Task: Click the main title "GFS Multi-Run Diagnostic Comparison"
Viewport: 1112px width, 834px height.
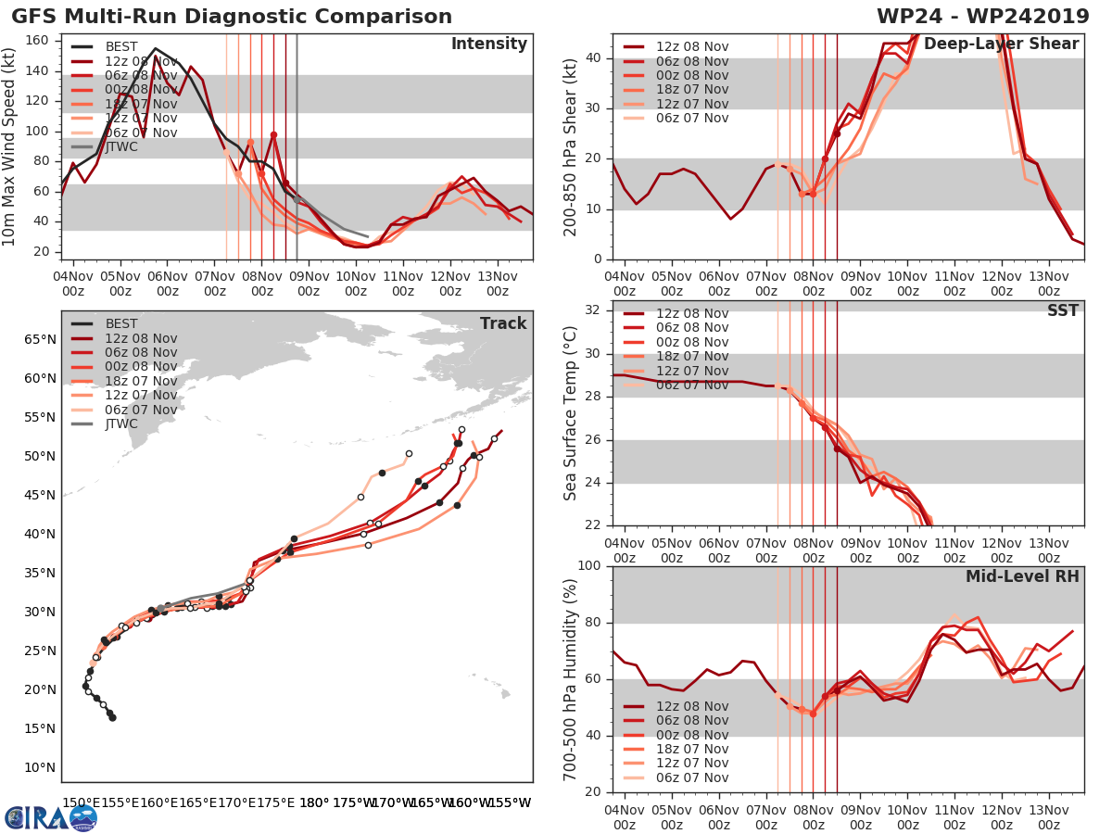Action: (x=232, y=17)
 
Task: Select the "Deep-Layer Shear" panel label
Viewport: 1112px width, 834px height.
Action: (x=1001, y=44)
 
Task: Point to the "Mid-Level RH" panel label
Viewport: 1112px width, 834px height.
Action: (x=1022, y=576)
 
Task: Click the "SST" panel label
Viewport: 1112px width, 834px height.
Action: (x=1062, y=310)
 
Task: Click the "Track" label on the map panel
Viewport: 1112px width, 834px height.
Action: (x=503, y=323)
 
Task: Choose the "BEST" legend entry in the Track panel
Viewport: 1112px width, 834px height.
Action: (x=121, y=324)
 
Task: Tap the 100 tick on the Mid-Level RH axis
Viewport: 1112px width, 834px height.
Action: (x=588, y=566)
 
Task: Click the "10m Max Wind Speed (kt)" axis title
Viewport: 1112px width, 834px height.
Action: (x=10, y=147)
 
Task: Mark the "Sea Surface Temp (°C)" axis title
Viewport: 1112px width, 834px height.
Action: (x=571, y=413)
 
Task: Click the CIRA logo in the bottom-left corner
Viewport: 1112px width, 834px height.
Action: (x=51, y=816)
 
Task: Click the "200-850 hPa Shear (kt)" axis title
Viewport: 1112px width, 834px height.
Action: (x=571, y=147)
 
